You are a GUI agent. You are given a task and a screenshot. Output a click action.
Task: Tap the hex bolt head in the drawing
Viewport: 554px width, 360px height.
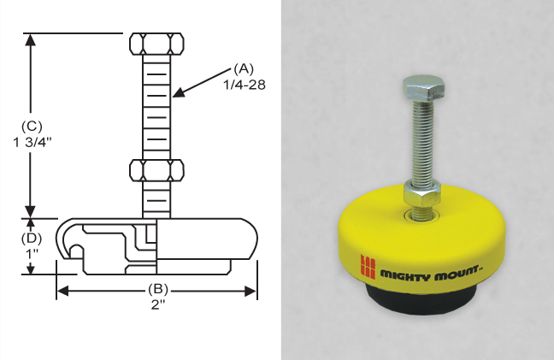tap(156, 44)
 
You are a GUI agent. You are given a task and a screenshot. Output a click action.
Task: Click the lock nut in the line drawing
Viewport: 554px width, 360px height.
tap(156, 169)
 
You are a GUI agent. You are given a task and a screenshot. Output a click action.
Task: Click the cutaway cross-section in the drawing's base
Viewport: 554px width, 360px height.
tap(107, 244)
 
